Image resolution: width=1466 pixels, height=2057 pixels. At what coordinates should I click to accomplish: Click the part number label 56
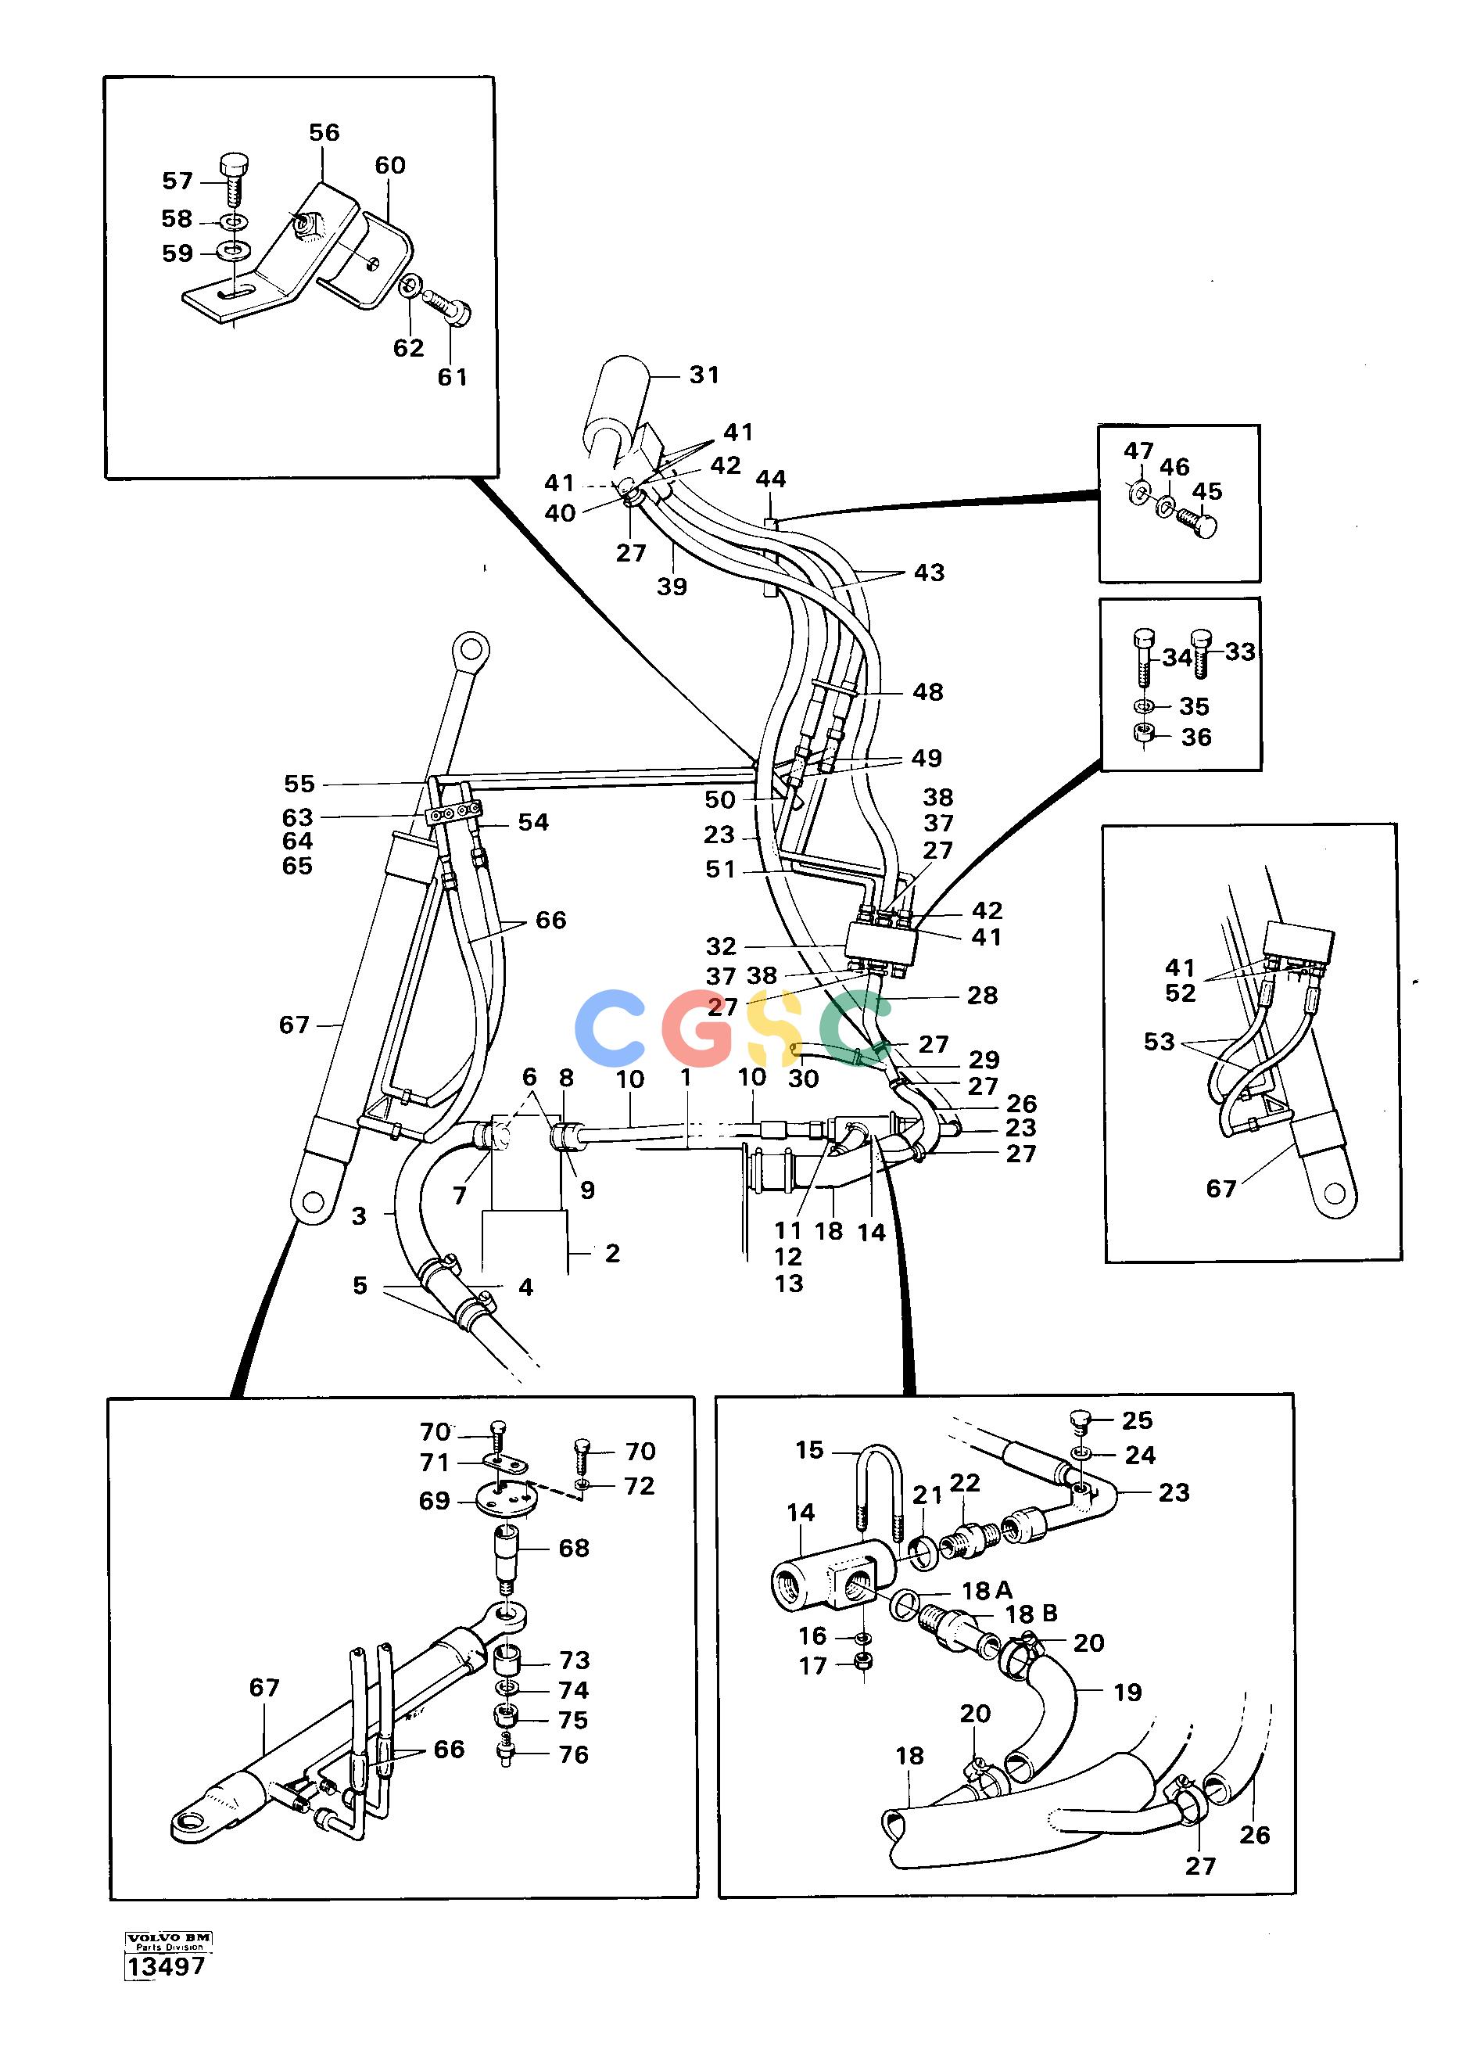[324, 133]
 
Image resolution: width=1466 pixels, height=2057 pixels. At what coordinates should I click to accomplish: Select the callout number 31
[704, 374]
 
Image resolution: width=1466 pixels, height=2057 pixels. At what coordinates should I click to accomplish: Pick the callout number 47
[1138, 450]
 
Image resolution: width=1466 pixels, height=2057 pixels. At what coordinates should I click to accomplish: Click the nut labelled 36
[1144, 737]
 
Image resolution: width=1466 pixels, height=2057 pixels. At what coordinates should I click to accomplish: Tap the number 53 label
[1159, 1041]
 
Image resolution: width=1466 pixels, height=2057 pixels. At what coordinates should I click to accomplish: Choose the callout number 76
[573, 1754]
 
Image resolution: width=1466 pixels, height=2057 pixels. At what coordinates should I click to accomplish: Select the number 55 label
[299, 784]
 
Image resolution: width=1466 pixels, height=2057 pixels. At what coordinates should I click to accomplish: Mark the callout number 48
[928, 691]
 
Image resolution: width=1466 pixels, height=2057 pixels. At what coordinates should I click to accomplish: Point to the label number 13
[789, 1283]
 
